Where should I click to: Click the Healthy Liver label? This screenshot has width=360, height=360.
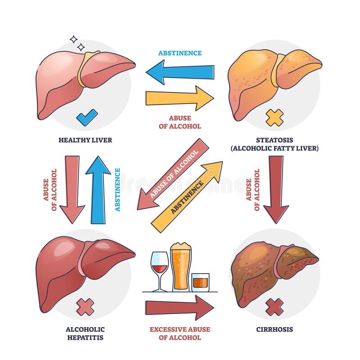(x=85, y=140)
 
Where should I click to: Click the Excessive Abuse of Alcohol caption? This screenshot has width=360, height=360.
(x=180, y=333)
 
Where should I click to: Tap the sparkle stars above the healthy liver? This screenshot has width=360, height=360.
(x=78, y=43)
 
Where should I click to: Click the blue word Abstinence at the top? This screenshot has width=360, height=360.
(x=180, y=53)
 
